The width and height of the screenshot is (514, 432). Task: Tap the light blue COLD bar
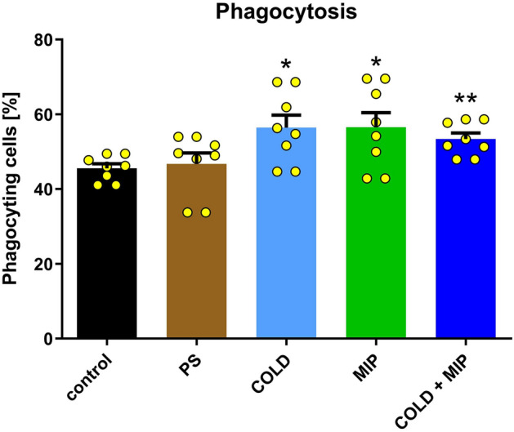point(286,245)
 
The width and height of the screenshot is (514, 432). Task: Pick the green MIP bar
point(376,245)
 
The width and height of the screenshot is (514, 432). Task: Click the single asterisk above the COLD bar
point(286,65)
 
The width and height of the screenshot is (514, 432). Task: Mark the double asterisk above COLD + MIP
point(466,100)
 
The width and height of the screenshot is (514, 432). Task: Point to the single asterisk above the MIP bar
point(376,65)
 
